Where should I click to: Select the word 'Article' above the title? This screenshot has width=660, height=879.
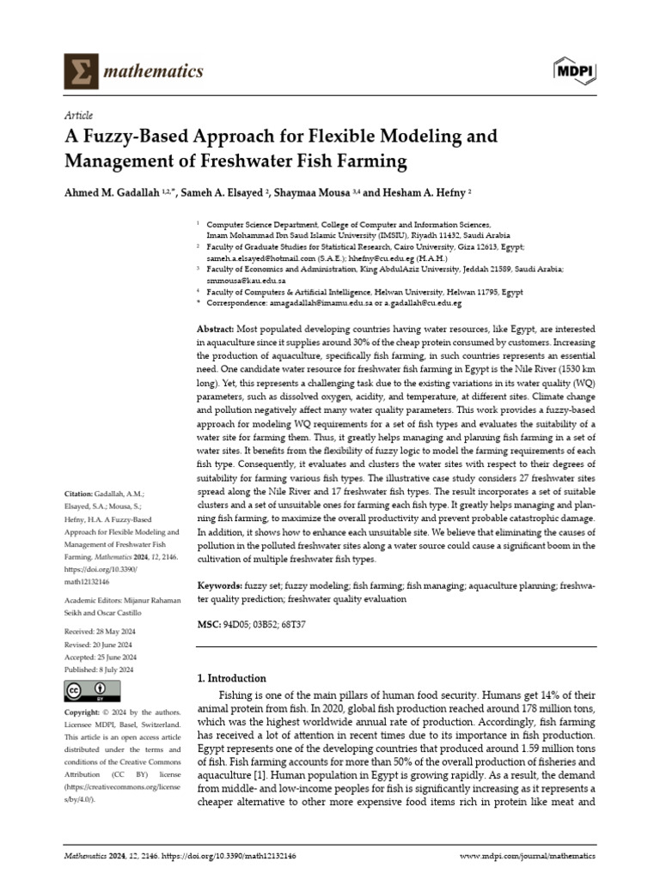pos(79,115)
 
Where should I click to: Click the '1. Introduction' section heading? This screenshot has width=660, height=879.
pos(232,678)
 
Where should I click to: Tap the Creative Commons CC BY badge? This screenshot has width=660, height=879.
pos(86,691)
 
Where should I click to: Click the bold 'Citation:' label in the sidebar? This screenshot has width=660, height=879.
pos(82,494)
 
